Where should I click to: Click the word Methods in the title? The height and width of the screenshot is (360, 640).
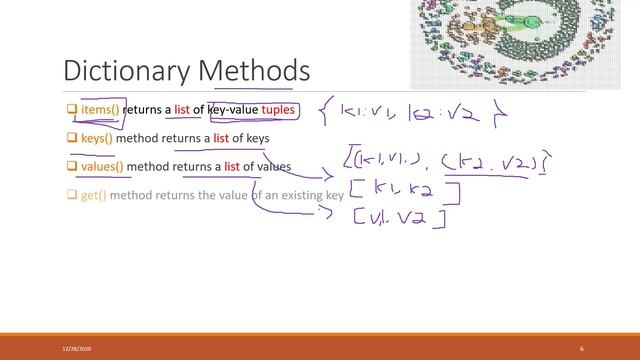(x=254, y=71)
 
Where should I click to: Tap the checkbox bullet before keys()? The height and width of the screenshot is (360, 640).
(x=71, y=137)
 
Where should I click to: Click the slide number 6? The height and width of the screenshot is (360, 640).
(x=581, y=348)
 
